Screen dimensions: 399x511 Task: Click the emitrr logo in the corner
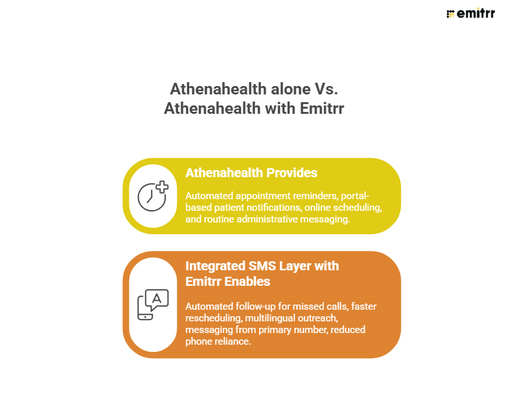470,14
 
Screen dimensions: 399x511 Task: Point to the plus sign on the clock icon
162,187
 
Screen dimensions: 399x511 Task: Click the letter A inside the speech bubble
157,297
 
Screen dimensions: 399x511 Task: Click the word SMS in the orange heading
256,266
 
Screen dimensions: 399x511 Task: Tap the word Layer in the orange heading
291,266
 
